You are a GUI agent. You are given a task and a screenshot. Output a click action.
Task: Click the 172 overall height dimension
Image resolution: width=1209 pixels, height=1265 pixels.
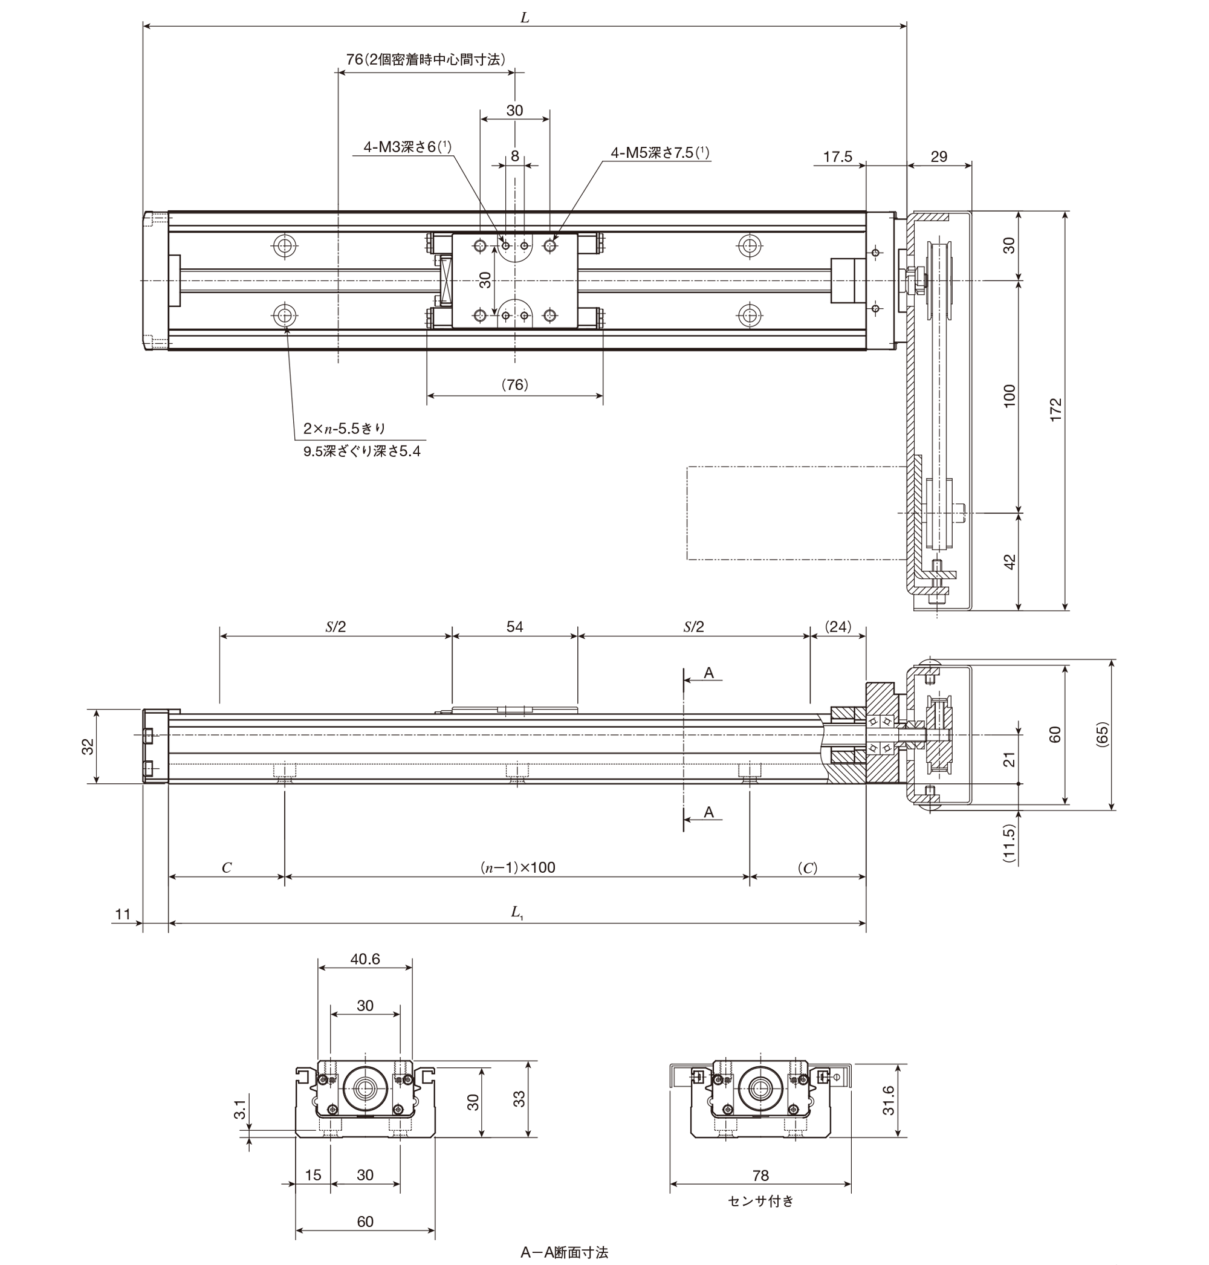1055,410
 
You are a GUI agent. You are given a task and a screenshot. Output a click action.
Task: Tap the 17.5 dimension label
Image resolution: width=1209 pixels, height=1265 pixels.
837,157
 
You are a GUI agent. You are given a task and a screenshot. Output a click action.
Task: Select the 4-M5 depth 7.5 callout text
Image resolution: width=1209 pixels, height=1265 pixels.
660,153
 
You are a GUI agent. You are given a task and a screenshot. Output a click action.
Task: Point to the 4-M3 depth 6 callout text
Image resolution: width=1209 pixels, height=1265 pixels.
407,147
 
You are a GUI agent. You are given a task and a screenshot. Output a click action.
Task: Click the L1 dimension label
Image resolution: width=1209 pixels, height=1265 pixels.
517,912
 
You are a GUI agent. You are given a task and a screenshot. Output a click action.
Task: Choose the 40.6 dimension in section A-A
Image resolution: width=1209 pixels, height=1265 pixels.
365,959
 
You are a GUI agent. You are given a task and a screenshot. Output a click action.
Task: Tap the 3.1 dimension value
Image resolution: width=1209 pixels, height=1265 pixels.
240,1110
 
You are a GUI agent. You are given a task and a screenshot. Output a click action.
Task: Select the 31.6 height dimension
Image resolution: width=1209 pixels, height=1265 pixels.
889,1100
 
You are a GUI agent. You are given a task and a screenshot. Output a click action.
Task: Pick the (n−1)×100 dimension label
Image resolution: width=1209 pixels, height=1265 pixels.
517,867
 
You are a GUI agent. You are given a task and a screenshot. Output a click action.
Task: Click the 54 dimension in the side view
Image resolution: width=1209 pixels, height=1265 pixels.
514,626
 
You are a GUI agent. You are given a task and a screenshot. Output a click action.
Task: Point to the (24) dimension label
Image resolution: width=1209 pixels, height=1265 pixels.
838,626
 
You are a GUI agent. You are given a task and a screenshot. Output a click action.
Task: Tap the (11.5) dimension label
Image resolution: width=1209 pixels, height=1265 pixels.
1010,844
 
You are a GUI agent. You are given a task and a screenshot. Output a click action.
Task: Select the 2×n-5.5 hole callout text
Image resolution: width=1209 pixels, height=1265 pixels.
345,429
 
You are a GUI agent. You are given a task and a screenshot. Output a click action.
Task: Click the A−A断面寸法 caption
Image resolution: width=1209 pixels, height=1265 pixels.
565,1252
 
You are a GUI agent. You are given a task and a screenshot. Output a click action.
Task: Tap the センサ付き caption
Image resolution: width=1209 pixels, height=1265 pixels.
761,1200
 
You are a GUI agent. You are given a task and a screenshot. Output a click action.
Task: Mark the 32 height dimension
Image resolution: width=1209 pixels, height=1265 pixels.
88,746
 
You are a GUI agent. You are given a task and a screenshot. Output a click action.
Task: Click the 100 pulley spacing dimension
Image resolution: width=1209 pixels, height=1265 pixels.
1010,395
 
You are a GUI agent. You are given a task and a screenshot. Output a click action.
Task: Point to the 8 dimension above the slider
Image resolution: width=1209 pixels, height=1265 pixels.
514,155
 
